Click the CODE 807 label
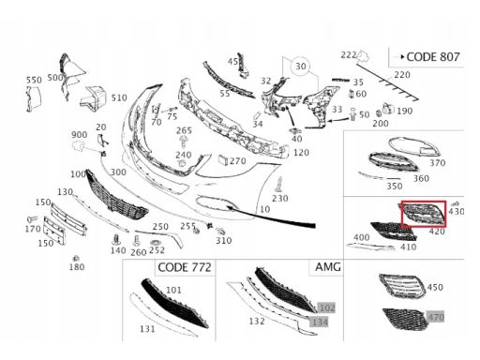pos(433,57)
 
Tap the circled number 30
pos(301,67)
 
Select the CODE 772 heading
pos(185,267)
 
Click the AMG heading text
pos(327,267)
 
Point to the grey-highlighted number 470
pos(436,317)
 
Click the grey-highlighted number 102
pos(326,307)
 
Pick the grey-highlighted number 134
pos(319,322)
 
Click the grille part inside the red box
pos(425,214)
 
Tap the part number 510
pos(119,97)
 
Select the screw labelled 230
pos(278,184)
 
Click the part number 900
pos(80,135)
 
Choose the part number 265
pos(184,130)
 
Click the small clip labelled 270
pos(223,159)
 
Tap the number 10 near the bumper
pos(264,209)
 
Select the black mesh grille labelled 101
pos(173,303)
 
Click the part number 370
pos(437,162)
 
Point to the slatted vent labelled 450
pos(401,285)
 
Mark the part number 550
pos(34,80)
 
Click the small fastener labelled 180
pos(75,258)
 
